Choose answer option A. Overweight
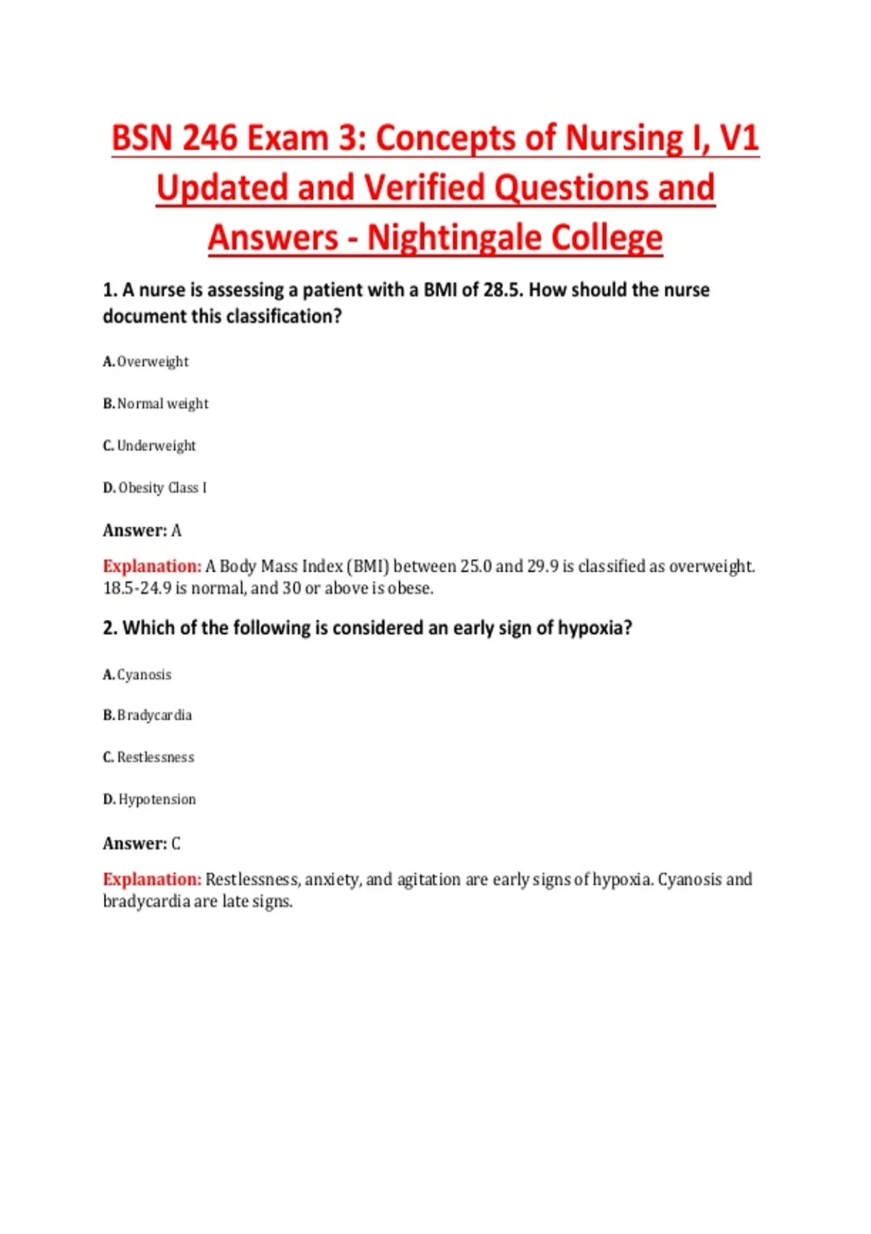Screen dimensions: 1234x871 point(146,361)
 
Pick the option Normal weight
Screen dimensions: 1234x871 point(156,404)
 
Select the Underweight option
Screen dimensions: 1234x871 point(150,446)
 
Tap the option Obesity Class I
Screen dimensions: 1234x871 point(155,488)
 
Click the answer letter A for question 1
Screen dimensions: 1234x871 point(176,531)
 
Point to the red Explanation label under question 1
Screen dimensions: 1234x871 point(152,566)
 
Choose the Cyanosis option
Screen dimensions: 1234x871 point(138,675)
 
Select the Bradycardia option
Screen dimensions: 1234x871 point(148,716)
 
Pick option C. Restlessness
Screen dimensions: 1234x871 point(149,757)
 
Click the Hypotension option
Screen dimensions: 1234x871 point(150,799)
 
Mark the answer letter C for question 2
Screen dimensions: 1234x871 point(176,843)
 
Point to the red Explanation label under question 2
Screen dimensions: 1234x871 point(152,880)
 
